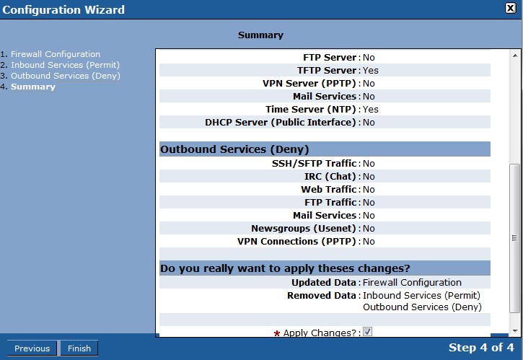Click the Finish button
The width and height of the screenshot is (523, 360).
click(79, 348)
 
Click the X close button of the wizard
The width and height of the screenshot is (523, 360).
click(510, 8)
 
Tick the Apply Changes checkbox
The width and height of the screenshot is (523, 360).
click(367, 332)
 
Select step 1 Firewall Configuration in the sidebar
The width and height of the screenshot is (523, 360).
click(56, 54)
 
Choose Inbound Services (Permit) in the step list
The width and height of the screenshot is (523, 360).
click(65, 65)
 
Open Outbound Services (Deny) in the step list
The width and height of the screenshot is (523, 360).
click(66, 76)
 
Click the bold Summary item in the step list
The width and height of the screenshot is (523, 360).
click(33, 87)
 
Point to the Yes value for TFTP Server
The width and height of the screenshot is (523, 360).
click(371, 71)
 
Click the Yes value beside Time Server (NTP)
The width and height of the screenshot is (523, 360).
click(371, 110)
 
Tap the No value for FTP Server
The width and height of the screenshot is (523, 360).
click(369, 58)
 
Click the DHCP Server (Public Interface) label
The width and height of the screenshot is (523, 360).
click(281, 123)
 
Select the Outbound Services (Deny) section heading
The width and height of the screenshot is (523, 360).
click(234, 149)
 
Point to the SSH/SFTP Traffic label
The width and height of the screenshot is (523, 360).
click(315, 164)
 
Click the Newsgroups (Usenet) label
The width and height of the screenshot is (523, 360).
click(304, 229)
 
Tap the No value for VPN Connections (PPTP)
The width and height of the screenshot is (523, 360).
click(369, 242)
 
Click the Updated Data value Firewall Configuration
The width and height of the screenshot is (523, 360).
click(412, 283)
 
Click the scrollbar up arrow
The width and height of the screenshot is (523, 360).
click(515, 56)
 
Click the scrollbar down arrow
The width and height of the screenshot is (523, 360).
click(515, 331)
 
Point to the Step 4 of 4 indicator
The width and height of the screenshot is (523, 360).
click(481, 347)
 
